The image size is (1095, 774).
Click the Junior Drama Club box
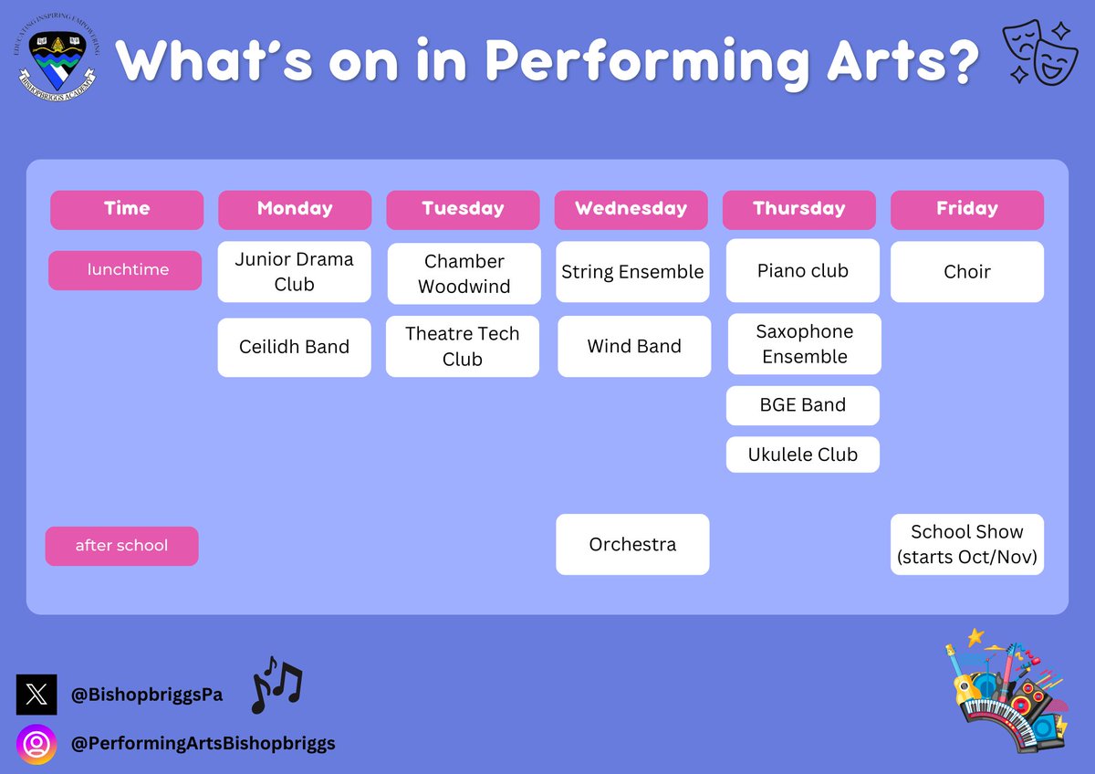294,272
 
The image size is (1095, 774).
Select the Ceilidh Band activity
294,347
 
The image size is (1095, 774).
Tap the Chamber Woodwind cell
464,274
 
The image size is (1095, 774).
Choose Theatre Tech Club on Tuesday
462,347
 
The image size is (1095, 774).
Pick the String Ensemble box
632,272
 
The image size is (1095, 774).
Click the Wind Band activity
634,347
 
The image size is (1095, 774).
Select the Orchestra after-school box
632,545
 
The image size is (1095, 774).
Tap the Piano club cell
802,271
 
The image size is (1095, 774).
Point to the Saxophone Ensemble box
804,344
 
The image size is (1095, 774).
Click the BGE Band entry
802,405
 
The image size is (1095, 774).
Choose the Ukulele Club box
802,455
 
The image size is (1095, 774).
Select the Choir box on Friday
966,272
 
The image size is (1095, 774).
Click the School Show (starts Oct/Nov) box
966,545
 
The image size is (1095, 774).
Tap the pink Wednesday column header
631,209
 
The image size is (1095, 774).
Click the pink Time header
127,209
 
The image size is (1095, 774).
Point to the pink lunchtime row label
125,270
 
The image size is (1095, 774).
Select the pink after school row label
121,546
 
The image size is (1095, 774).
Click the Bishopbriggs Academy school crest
57,62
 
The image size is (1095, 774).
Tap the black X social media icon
36,695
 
